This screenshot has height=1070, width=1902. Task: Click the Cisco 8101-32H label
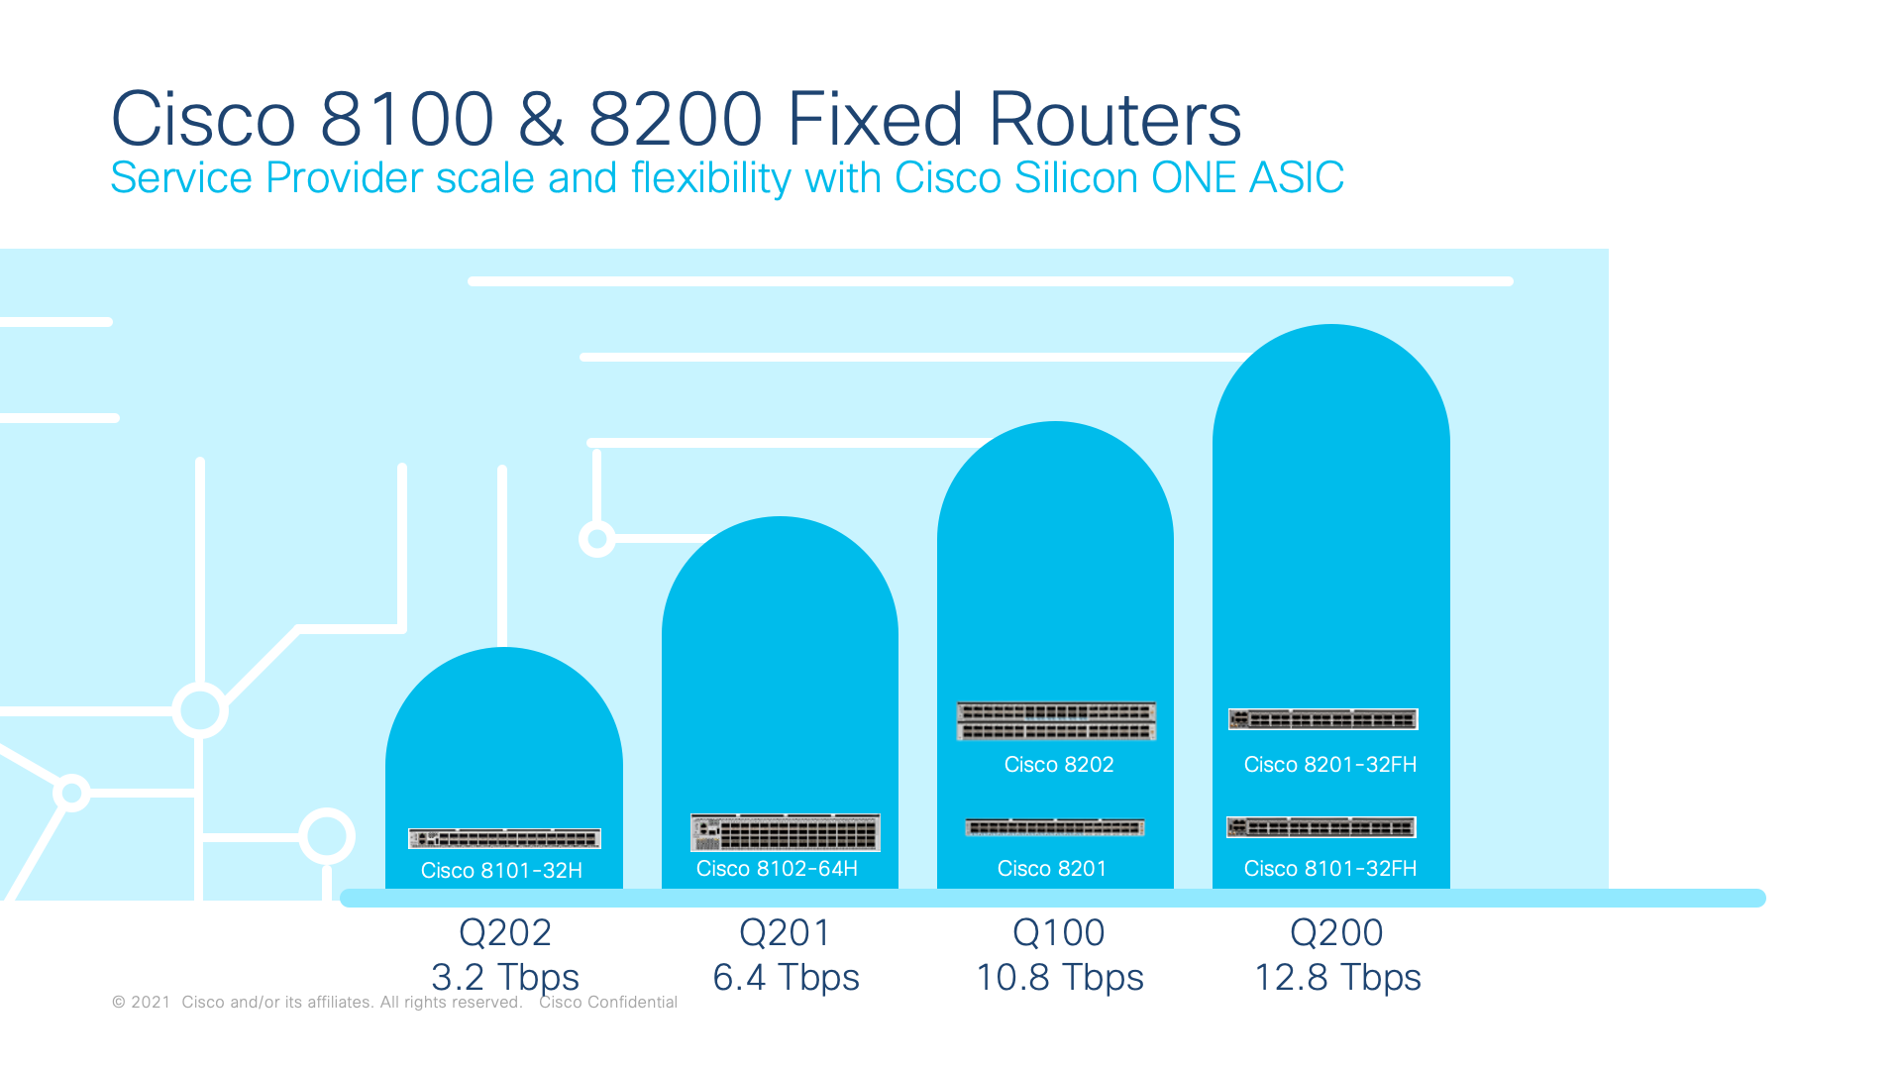click(501, 870)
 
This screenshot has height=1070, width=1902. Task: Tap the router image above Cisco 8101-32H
click(504, 838)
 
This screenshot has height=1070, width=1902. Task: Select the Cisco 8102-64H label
click(777, 868)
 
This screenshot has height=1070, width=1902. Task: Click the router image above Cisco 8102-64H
click(786, 832)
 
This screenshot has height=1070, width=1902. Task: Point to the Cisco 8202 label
click(1059, 764)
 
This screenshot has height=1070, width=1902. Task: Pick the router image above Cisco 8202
click(1056, 720)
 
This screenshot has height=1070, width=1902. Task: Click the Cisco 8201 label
click(1052, 868)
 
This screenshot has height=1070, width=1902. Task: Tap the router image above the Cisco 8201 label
click(1055, 827)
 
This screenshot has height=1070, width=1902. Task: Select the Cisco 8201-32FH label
click(1330, 764)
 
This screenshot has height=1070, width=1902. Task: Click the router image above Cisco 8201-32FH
click(1323, 719)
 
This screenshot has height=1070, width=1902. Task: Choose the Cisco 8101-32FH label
click(1330, 868)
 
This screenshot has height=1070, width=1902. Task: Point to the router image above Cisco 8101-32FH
click(1321, 827)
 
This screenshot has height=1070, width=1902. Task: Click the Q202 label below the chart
click(505, 932)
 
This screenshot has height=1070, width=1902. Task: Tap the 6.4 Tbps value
click(787, 977)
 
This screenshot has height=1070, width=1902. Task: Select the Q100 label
click(1059, 932)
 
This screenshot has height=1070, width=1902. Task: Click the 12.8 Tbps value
click(1337, 977)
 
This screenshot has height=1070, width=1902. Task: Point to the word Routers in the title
click(1114, 119)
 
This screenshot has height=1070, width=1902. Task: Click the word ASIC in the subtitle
click(1297, 177)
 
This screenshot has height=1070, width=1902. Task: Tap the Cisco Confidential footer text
click(608, 1002)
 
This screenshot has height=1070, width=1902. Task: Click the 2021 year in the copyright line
click(151, 1002)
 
